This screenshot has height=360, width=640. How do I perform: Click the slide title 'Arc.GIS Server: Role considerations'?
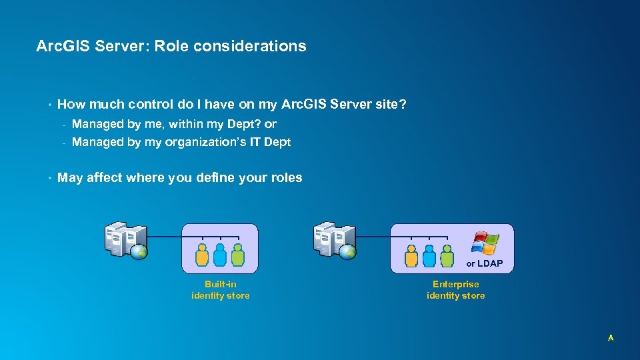[171, 46]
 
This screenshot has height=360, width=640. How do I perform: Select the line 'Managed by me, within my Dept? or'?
[173, 124]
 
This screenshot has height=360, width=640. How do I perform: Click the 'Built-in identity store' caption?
[220, 290]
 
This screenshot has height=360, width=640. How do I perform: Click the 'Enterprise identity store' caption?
[455, 290]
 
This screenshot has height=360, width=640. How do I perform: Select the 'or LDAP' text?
[484, 264]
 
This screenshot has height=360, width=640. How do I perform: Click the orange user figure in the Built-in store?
[202, 255]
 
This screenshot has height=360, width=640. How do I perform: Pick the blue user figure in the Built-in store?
[220, 255]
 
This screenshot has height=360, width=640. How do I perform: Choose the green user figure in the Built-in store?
[237, 255]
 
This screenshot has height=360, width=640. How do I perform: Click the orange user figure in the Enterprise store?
[411, 255]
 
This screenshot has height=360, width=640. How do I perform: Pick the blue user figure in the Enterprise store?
[429, 255]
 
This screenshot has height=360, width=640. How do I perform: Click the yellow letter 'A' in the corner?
[610, 338]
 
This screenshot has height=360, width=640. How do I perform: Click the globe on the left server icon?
[138, 251]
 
